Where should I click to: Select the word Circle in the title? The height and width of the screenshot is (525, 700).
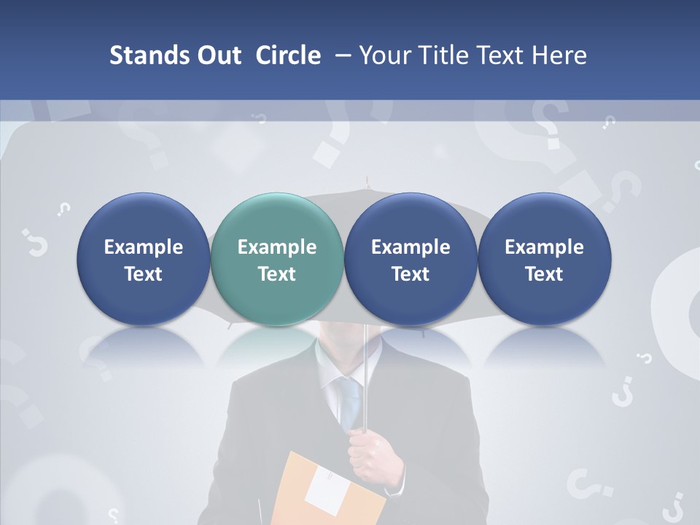point(288,55)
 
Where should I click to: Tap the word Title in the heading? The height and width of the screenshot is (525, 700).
point(440,55)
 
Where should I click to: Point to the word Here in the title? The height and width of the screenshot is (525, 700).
point(559,55)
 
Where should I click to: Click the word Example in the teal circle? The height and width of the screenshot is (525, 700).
point(277,247)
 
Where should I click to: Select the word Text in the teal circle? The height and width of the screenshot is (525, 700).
point(277,274)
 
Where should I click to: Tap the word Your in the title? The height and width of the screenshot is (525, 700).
point(384,55)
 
